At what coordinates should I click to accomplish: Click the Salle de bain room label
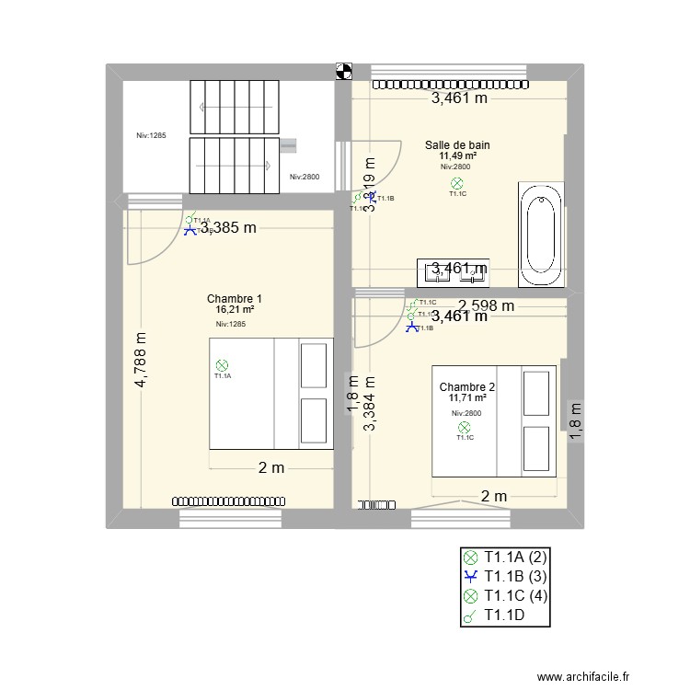click(456, 144)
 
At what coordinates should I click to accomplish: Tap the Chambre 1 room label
click(235, 298)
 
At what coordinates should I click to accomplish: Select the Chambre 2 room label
click(467, 386)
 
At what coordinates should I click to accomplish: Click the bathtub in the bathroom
click(540, 236)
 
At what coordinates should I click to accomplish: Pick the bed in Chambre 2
click(494, 420)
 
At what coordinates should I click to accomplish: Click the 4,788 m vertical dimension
click(141, 360)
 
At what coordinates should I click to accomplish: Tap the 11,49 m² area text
click(456, 155)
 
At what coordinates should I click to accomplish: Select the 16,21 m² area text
click(235, 310)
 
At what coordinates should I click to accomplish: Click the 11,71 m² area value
click(467, 398)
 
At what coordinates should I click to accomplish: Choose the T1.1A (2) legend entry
click(505, 557)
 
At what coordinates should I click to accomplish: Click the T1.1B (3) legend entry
click(505, 576)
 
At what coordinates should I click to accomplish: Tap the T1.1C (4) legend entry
click(505, 596)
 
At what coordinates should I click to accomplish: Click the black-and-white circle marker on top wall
click(343, 70)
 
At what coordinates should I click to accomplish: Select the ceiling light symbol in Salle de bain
click(457, 184)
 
